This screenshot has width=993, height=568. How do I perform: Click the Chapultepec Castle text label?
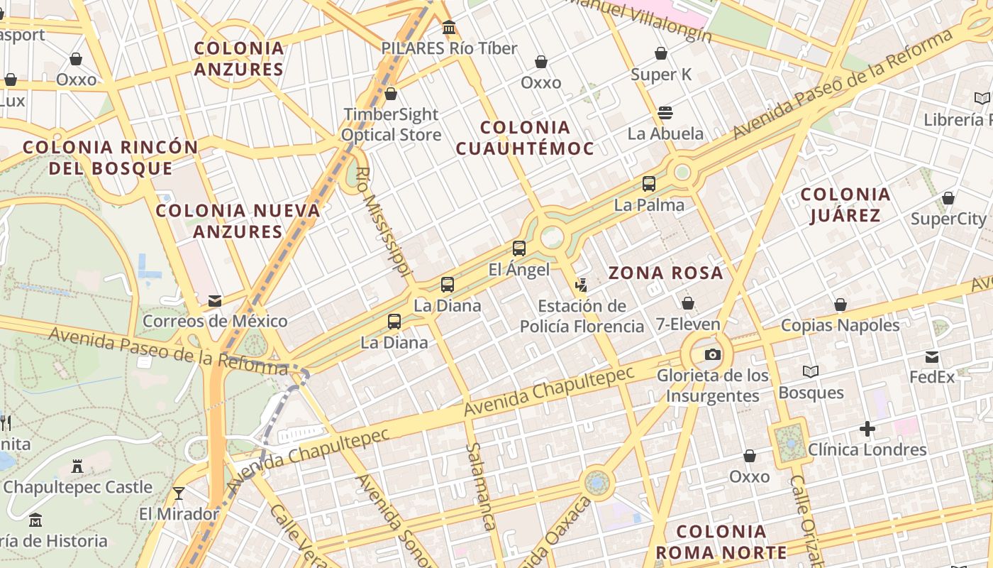pos(78,487)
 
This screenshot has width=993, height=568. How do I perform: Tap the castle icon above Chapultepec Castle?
pos(77,466)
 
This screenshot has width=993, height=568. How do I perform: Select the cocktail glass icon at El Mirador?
pos(179,493)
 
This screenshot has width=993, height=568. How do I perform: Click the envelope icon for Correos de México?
pos(215,301)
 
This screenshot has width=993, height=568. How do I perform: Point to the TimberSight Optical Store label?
pos(391,124)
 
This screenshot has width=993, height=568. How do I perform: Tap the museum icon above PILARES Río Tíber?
pos(449,28)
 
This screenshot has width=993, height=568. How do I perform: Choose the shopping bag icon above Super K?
pos(661,53)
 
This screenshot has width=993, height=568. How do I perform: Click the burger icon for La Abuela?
pos(665,112)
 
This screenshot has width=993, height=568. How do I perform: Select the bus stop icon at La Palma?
pos(649,184)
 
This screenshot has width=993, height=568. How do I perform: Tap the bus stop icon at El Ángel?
pos(519,248)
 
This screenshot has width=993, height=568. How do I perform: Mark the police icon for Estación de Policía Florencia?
pos(582,285)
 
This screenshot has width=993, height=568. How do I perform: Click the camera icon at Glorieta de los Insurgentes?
pos(712,354)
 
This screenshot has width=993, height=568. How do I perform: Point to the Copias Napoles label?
pos(840,325)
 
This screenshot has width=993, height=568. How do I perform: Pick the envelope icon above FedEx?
pos(932,356)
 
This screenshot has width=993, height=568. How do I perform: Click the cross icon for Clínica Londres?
pos(867,429)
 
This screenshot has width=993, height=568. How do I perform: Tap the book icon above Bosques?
pos(811,371)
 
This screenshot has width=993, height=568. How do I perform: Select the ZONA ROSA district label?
pos(665,273)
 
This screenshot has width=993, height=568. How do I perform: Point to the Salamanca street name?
pos(480,486)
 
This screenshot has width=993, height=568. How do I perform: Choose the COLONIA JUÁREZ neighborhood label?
pos(845,204)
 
